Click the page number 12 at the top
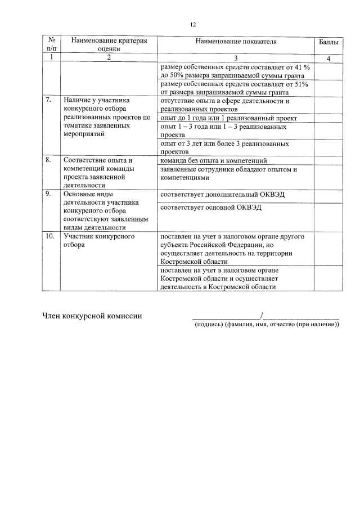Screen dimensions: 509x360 click(x=192, y=25)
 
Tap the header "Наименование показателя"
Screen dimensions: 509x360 click(x=236, y=42)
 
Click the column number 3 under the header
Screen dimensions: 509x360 click(x=236, y=57)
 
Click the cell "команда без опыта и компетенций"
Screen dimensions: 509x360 click(x=214, y=161)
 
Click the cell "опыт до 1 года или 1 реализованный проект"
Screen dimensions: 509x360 click(x=220, y=118)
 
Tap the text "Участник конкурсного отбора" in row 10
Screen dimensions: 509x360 click(x=98, y=241)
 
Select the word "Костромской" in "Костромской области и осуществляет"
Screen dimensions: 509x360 click(x=181, y=278)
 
